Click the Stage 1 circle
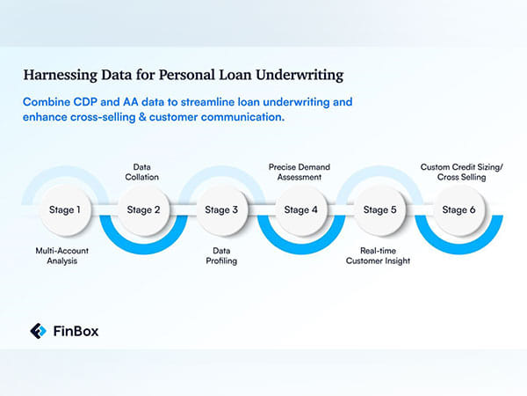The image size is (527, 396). [x=65, y=210]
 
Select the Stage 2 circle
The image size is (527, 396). [x=143, y=210]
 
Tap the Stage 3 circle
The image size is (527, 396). [x=220, y=210]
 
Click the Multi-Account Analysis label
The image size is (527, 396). [x=65, y=256]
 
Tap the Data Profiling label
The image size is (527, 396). [x=220, y=256]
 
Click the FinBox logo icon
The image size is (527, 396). [x=39, y=331]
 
